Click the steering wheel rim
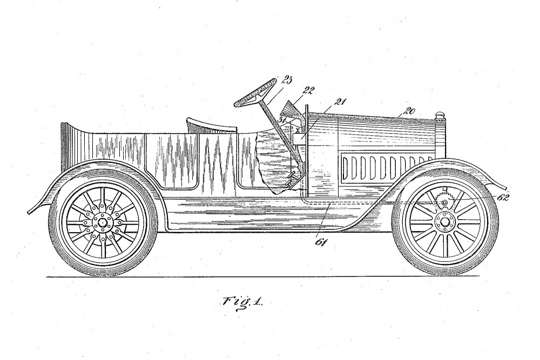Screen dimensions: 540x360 click(x=255, y=93)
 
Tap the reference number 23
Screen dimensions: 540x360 click(x=287, y=80)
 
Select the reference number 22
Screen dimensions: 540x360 click(x=308, y=91)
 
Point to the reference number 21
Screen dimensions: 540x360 click(x=340, y=101)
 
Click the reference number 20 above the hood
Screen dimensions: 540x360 click(x=410, y=111)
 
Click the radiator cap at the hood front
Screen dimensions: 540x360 click(x=440, y=114)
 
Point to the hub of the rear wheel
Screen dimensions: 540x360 click(x=102, y=222)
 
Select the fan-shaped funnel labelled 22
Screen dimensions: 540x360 click(x=292, y=109)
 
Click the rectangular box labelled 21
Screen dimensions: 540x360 click(x=299, y=139)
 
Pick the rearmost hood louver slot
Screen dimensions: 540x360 click(x=345, y=168)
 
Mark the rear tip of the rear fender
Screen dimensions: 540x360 click(x=29, y=212)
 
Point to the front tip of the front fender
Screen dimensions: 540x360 click(x=507, y=189)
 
